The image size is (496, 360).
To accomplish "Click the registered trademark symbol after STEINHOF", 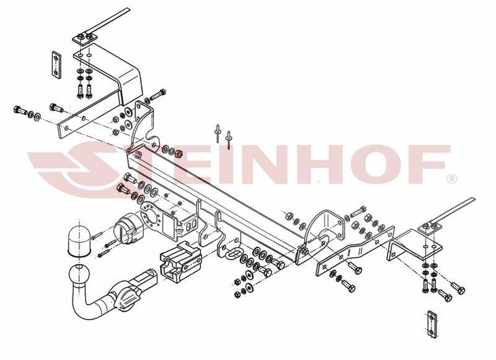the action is [x=451, y=179].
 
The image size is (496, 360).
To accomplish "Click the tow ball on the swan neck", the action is [x=79, y=274].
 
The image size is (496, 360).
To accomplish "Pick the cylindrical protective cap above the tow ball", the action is [x=79, y=239].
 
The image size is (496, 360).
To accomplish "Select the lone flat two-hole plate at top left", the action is [x=56, y=64].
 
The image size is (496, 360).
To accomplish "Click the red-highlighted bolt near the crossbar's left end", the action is [x=123, y=189].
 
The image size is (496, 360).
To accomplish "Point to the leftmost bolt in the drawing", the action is [x=20, y=111].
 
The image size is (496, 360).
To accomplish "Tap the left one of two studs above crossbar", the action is [x=218, y=133].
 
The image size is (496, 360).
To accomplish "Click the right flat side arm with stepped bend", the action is [x=355, y=252].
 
